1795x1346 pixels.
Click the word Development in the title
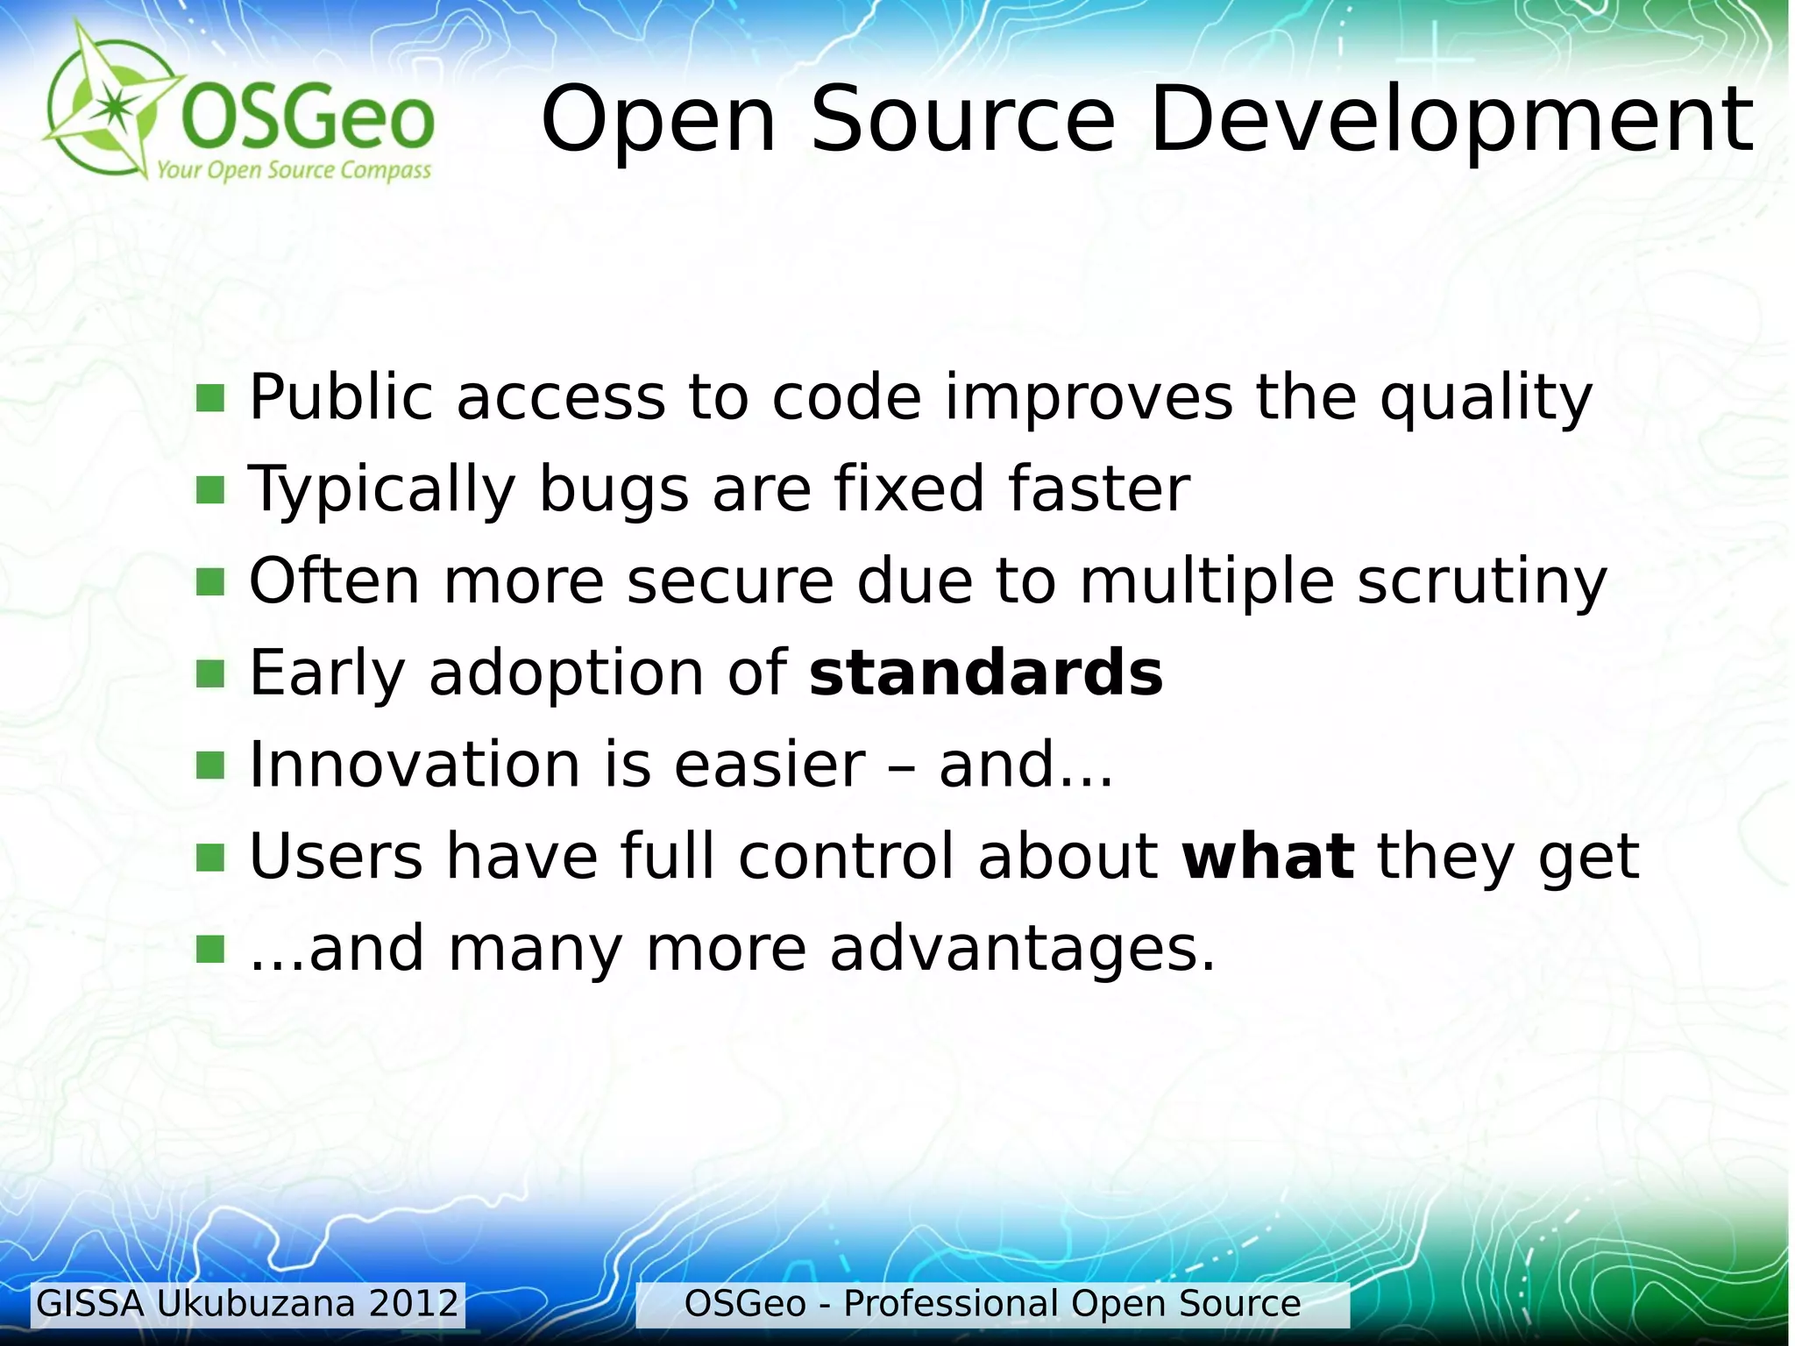(1451, 121)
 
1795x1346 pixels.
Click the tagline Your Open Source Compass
(294, 170)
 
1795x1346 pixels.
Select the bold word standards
(985, 673)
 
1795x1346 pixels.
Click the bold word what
(1267, 857)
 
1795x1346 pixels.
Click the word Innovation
(415, 765)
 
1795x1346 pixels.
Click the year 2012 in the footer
(414, 1304)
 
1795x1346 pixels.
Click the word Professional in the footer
(950, 1304)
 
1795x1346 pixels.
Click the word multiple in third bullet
(1206, 583)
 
